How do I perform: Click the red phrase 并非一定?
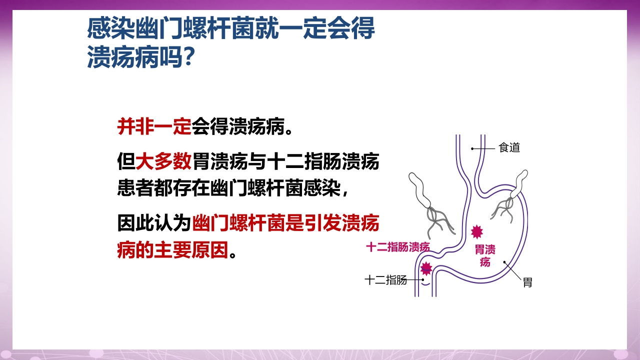154,127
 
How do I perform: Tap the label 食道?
509,148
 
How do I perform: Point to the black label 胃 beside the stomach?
527,282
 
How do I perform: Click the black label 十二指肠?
385,280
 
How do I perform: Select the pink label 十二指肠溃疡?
398,247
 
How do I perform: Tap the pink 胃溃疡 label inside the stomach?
485,255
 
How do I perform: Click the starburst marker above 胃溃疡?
477,231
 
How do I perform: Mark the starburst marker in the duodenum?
426,268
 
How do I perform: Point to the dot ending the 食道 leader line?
472,148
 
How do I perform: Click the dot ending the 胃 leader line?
504,261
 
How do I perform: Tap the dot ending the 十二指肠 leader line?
422,280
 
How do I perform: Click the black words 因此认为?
154,223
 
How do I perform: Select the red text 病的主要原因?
172,248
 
